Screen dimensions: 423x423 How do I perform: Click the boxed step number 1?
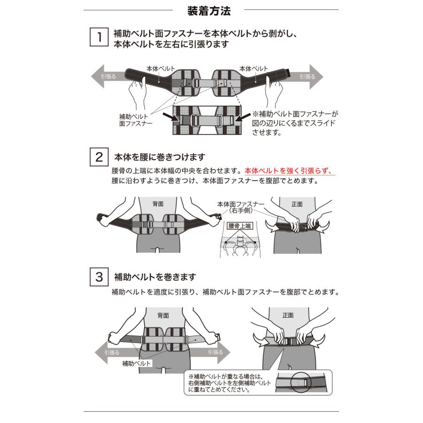point(99,37)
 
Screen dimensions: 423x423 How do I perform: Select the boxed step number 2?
point(99,157)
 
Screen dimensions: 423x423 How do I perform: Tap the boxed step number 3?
point(99,277)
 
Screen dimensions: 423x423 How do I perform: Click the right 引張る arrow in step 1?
point(308,76)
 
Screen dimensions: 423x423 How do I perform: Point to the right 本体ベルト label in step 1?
point(254,68)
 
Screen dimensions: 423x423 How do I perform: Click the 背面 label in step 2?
point(158,204)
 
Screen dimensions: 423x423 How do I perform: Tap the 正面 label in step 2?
point(297,204)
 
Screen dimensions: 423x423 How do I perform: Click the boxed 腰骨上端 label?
point(240,226)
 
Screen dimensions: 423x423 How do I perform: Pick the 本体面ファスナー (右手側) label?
point(240,207)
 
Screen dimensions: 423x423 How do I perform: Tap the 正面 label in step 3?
point(288,315)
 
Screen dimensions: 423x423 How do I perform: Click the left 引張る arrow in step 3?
point(109,352)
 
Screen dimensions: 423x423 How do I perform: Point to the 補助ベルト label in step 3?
point(136,363)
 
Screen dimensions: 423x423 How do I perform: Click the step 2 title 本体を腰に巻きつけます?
point(160,157)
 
